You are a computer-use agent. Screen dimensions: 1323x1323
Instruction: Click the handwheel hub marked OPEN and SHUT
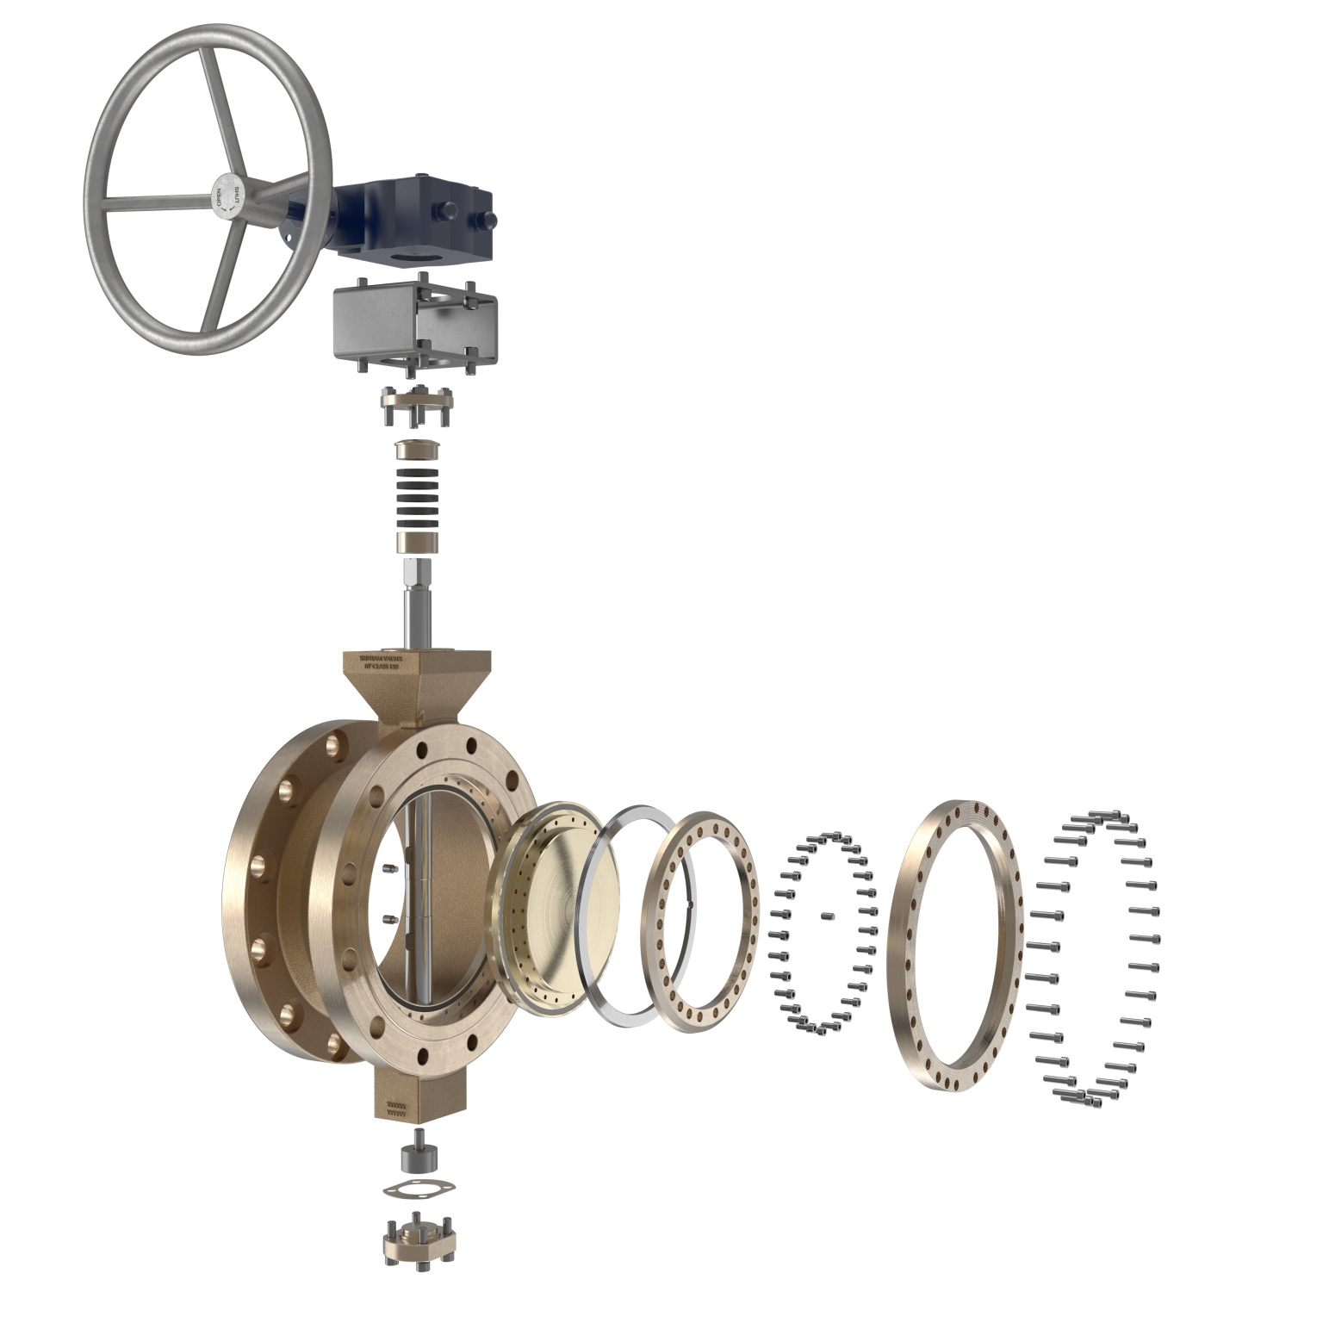pyautogui.click(x=227, y=196)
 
